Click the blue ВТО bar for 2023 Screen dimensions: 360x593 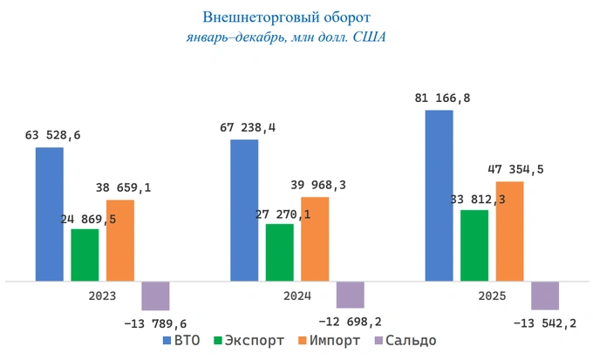click(50, 214)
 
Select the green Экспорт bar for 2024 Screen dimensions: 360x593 click(279, 253)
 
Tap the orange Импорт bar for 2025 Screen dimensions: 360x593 click(509, 231)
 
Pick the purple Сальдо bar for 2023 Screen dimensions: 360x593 click(155, 295)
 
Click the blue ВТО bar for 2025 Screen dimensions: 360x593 click(439, 196)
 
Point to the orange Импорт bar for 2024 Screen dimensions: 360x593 click(315, 239)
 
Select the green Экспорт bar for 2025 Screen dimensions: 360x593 click(474, 246)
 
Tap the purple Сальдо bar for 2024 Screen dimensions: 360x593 click(350, 295)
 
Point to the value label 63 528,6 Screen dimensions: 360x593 click(58, 135)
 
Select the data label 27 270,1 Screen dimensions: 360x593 click(280, 213)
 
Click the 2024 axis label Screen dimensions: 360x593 click(296, 295)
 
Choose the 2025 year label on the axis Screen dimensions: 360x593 click(491, 295)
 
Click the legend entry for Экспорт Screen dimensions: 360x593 click(249, 341)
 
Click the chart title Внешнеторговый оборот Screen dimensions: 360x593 click(286, 17)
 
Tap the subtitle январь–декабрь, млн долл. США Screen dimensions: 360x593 click(286, 37)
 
